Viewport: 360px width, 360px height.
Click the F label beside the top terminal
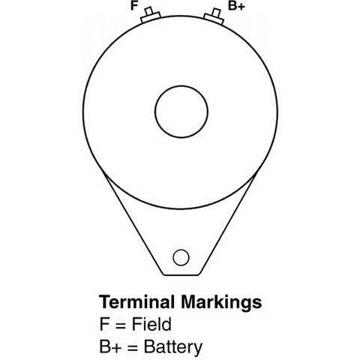134,6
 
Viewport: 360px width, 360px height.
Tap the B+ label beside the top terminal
236,6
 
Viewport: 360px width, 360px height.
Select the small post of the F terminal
149,11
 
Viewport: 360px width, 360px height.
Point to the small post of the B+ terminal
216,13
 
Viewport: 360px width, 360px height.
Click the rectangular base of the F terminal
151,17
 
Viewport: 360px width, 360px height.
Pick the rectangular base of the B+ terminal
214,19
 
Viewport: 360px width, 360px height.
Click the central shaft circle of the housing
181,112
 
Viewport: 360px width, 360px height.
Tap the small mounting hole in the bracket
181,257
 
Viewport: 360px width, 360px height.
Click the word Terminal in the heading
136,302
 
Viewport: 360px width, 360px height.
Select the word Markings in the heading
221,303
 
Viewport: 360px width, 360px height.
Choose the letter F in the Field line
104,324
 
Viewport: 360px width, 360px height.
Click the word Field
151,324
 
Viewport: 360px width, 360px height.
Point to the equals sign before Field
121,325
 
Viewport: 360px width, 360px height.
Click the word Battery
173,347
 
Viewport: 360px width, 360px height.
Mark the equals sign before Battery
133,348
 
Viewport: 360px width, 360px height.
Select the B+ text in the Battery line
111,346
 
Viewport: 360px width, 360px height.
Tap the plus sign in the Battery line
117,347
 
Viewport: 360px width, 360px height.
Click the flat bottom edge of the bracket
181,275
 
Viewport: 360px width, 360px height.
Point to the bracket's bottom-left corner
163,274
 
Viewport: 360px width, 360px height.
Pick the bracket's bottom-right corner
199,274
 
